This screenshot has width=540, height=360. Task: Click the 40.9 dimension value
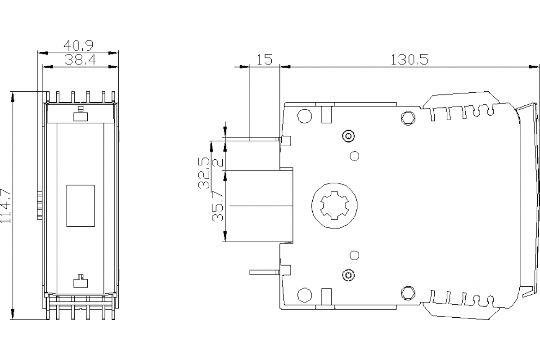(78, 45)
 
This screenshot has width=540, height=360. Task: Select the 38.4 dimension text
(80, 59)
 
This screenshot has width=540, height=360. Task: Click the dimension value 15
(265, 59)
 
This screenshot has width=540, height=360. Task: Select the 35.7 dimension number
(218, 206)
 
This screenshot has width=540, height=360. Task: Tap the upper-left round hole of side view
(305, 116)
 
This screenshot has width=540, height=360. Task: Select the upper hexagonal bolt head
(408, 118)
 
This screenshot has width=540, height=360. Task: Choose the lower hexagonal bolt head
(408, 293)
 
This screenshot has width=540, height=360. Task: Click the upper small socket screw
(347, 136)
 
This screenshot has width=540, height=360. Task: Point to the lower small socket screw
(347, 274)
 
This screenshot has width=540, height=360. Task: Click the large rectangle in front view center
(81, 205)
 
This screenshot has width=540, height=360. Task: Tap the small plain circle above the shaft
(354, 156)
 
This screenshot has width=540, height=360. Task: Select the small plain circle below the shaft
(354, 255)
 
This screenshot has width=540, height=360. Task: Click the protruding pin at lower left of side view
(264, 271)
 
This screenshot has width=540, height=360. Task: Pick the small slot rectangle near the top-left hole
(327, 114)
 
